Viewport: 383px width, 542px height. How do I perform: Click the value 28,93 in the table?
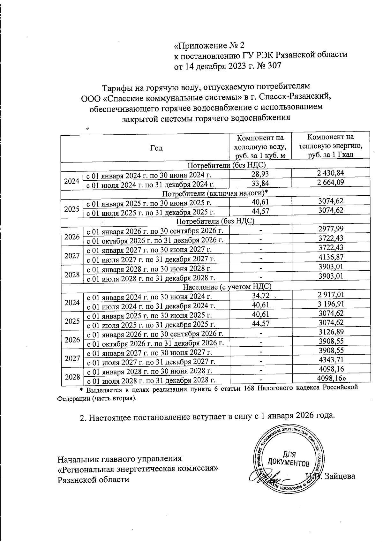pos(260,174)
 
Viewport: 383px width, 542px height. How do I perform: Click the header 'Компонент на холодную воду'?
pos(260,147)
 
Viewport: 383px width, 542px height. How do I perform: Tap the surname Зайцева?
pos(340,476)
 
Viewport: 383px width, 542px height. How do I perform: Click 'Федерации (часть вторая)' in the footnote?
pos(96,398)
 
